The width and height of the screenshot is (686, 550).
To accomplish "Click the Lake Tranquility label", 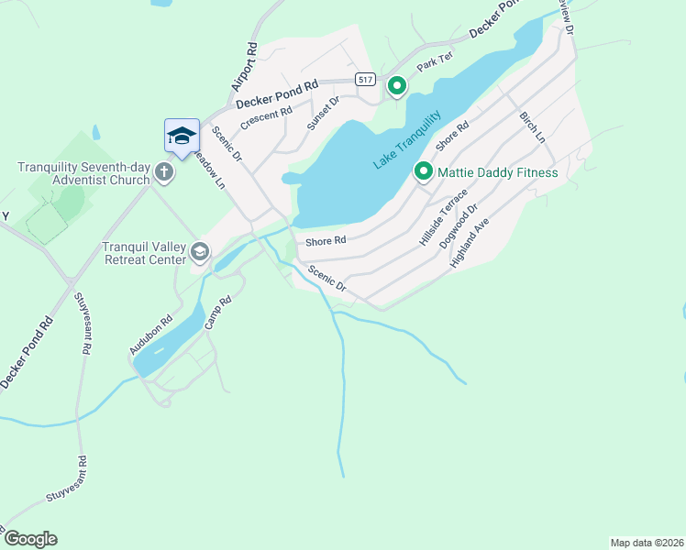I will click(407, 140).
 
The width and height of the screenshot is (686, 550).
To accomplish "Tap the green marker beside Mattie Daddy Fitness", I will click(423, 171).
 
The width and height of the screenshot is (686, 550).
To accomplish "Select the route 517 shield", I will click(367, 81).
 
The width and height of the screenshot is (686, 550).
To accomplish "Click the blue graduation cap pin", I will click(182, 137).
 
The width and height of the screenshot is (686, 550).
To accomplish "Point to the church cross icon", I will click(164, 172).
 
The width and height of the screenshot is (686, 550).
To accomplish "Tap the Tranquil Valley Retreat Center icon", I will click(200, 251).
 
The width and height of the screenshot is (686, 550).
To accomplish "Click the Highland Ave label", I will click(470, 243).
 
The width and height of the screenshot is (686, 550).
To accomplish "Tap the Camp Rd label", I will click(215, 313).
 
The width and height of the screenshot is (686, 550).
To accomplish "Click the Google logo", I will click(30, 539).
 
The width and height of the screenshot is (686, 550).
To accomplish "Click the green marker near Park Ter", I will click(396, 86).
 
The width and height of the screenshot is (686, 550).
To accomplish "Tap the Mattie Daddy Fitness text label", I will click(497, 171).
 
